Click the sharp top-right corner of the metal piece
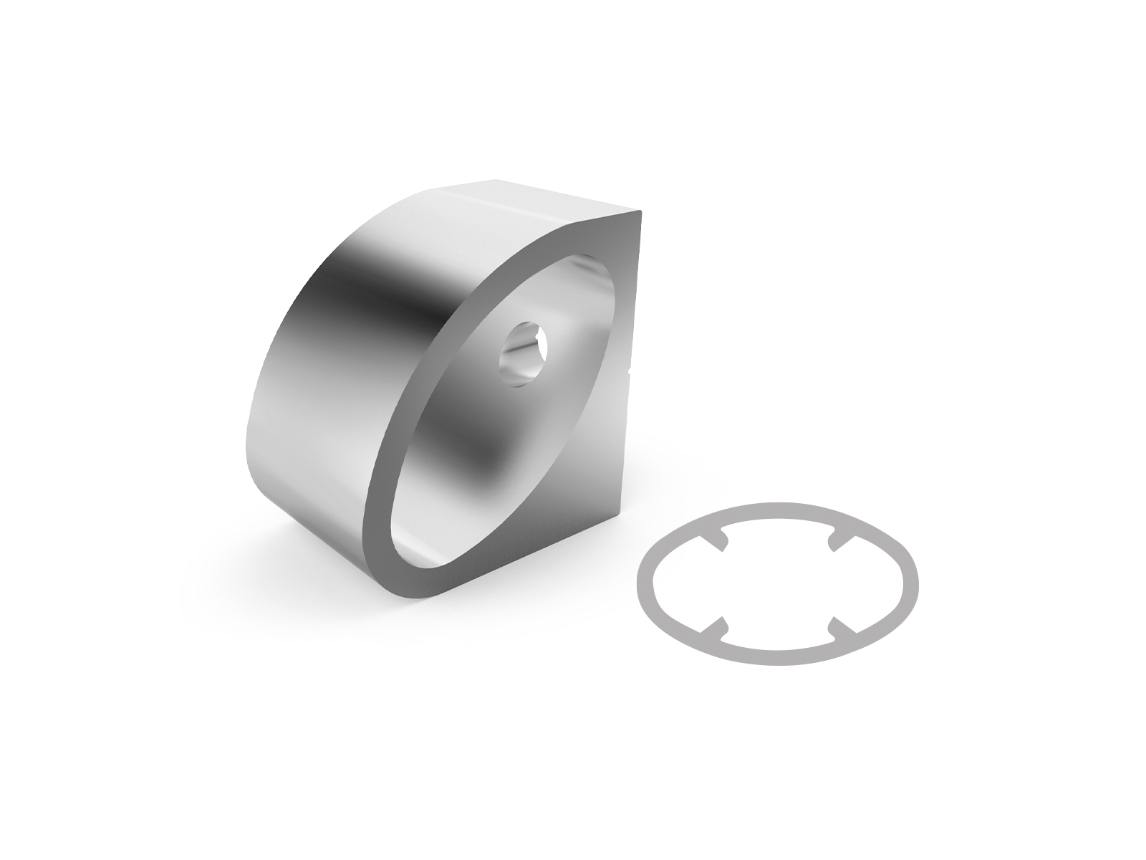pyautogui.click(x=642, y=211)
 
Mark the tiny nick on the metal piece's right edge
pyautogui.click(x=629, y=371)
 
